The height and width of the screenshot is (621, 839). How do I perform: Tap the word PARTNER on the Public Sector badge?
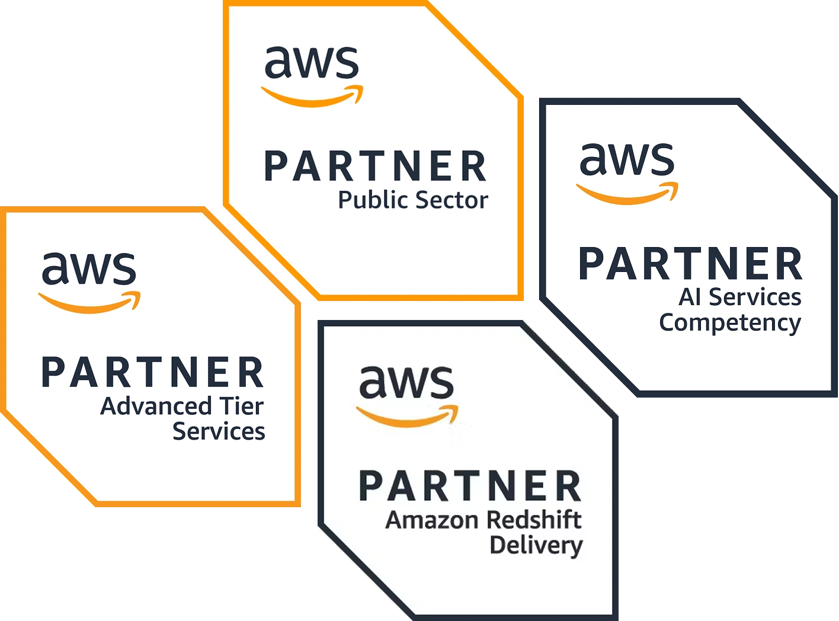[x=375, y=167]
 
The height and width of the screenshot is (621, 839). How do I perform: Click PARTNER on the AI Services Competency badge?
[x=690, y=264]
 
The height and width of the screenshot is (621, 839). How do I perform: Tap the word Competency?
[x=730, y=324]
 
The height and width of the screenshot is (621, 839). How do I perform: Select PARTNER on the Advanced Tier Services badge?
[x=152, y=373]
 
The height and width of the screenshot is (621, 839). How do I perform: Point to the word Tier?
[x=241, y=406]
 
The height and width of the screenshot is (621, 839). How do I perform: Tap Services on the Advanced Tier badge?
[x=219, y=432]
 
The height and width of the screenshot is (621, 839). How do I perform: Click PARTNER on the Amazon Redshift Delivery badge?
[x=470, y=486]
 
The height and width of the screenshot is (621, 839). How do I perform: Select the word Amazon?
[x=431, y=520]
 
